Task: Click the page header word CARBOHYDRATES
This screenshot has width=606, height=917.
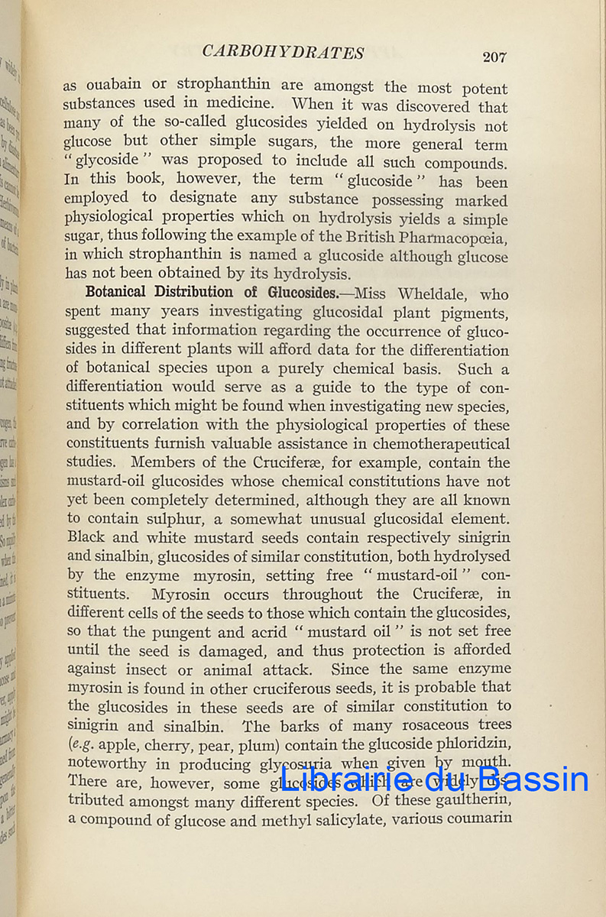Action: (x=283, y=52)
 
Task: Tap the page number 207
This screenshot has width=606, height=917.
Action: (x=494, y=57)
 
